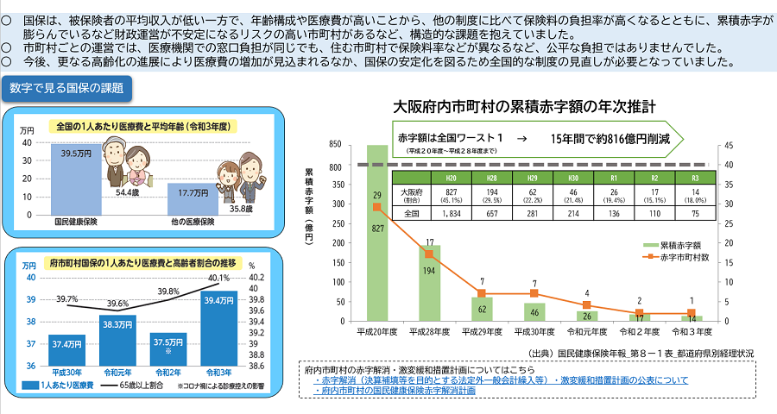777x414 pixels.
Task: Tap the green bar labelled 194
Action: pyautogui.click(x=429, y=285)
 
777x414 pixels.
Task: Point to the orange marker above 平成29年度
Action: pyautogui.click(x=482, y=293)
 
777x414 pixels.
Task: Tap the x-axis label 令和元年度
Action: pyautogui.click(x=586, y=331)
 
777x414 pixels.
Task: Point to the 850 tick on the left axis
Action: pyautogui.click(x=334, y=145)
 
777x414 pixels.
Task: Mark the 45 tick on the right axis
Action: pyautogui.click(x=730, y=145)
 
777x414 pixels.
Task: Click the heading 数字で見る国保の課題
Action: pyautogui.click(x=67, y=88)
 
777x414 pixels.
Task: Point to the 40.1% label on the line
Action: pyautogui.click(x=218, y=278)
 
